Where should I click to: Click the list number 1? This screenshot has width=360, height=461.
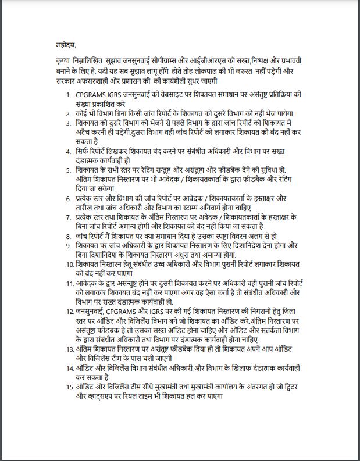(x=69, y=94)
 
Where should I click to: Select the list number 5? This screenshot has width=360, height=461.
(x=69, y=169)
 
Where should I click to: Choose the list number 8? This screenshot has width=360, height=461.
(x=69, y=236)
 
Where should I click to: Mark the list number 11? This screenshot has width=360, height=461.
(x=67, y=283)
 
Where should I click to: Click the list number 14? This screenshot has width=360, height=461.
(x=67, y=368)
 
